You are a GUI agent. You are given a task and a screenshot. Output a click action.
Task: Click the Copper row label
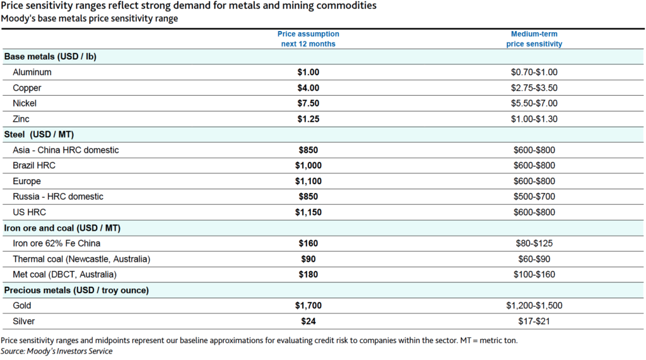28,88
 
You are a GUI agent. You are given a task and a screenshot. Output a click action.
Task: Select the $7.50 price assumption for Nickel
308,103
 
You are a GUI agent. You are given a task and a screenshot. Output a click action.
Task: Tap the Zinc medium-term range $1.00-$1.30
534,119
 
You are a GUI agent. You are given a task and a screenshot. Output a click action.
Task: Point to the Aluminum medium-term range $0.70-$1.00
534,73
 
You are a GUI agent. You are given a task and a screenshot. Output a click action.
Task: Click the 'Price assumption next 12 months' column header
308,39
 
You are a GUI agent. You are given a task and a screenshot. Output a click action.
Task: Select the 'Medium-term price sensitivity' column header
534,39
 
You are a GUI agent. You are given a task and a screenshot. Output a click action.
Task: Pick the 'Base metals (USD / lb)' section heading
50,57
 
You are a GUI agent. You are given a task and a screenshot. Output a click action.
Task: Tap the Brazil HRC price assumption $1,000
308,166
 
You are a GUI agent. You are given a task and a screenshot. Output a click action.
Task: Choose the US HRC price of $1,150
308,212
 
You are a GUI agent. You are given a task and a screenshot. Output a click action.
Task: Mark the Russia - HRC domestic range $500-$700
534,197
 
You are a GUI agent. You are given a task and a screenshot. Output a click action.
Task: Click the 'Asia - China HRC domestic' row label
66,150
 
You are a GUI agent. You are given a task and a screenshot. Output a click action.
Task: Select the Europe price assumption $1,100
308,181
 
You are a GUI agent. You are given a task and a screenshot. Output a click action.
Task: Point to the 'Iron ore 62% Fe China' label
56,243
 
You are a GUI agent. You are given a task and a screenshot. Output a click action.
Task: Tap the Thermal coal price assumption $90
308,259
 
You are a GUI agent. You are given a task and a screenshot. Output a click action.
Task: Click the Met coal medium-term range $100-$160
534,275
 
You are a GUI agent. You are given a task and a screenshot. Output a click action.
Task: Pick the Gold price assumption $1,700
308,306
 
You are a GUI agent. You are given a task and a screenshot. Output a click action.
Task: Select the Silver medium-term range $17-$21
534,322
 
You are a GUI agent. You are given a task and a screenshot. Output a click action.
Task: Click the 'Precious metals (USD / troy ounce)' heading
76,290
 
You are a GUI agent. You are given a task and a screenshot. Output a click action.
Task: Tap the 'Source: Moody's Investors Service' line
56,351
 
